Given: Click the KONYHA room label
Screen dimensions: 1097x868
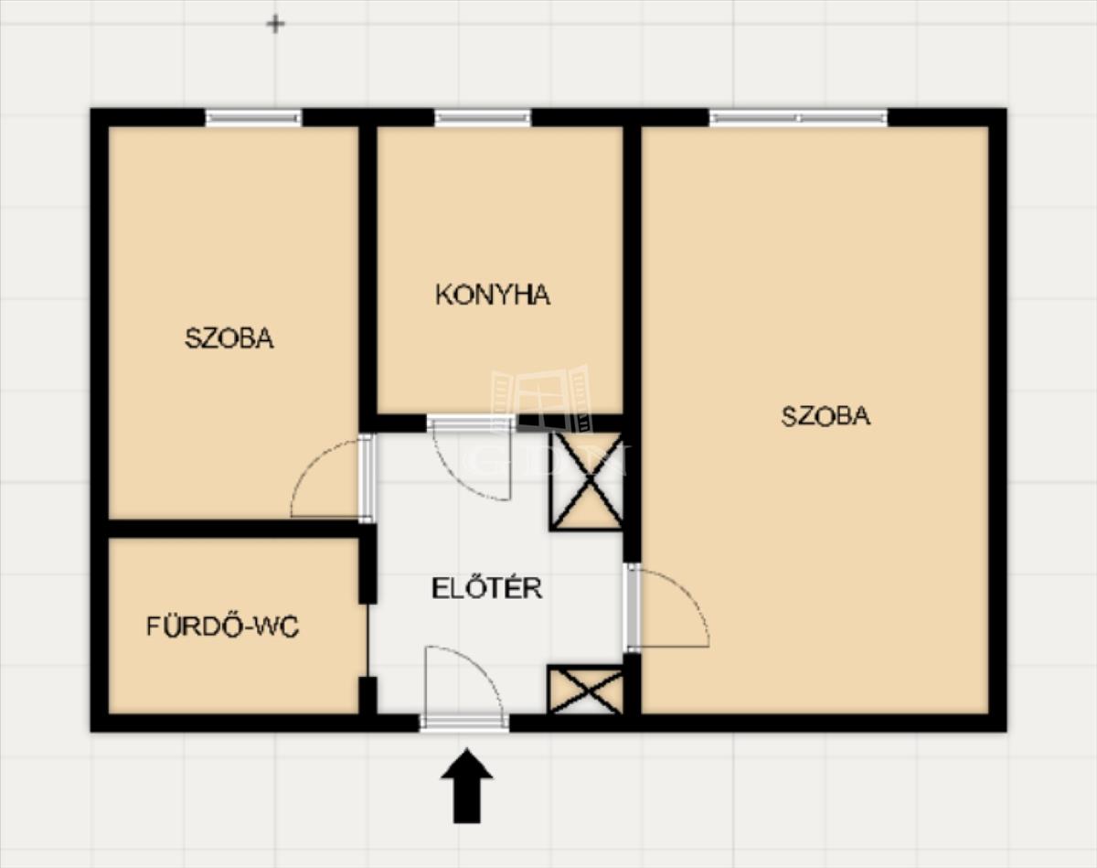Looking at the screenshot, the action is coord(493,295).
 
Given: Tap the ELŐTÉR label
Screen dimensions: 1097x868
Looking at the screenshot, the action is coord(487,588).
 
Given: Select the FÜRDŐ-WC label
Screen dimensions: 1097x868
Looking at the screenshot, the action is coord(223,627).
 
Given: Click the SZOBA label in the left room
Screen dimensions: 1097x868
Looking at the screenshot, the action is coord(229,338).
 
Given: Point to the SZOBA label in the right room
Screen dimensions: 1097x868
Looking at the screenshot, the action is coord(825,416).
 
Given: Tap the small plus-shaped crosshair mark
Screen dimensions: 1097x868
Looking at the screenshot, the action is coord(276,24).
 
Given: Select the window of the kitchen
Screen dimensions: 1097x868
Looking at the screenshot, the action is coord(483,118).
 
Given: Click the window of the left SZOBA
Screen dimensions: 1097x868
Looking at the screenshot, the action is coord(253,118).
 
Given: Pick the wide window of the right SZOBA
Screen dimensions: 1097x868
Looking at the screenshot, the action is coord(798,118).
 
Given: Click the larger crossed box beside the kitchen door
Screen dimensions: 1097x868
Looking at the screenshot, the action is coord(587,481).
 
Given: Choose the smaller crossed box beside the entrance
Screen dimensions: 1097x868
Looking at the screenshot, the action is coord(585,690).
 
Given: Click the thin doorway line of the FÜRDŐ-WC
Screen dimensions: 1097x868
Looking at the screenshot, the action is coord(367,640).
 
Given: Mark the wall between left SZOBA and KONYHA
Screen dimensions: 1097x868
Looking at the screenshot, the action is coord(367,271).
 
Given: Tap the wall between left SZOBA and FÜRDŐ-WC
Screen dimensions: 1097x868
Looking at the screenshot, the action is coord(233,529).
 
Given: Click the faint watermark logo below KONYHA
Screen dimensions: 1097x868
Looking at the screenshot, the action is coord(541,399).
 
